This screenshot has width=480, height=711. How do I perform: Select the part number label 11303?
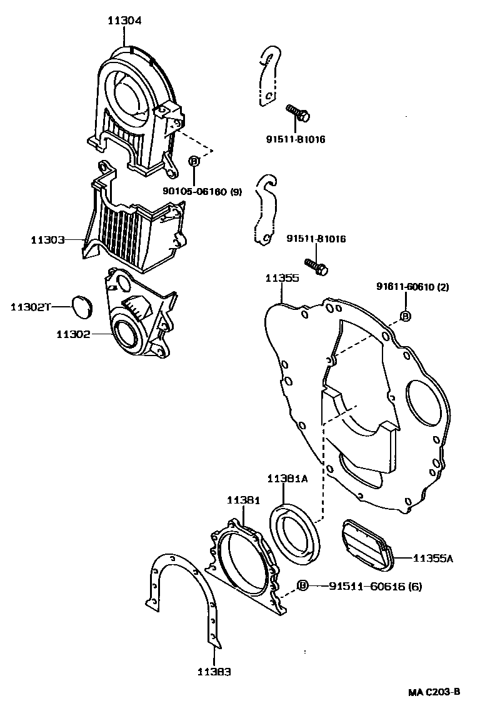(48, 239)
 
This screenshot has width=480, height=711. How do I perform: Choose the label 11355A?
(432, 558)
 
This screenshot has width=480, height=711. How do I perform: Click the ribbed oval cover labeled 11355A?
(366, 544)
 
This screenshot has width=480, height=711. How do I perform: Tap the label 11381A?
(287, 479)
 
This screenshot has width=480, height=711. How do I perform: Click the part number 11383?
(214, 672)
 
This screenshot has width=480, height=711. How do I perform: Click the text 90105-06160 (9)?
(202, 192)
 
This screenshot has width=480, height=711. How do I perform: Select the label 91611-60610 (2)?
(412, 287)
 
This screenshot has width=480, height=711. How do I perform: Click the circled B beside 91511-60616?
(303, 585)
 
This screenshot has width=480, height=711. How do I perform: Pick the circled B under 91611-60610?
(404, 316)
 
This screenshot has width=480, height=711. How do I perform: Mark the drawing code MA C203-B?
(434, 692)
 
